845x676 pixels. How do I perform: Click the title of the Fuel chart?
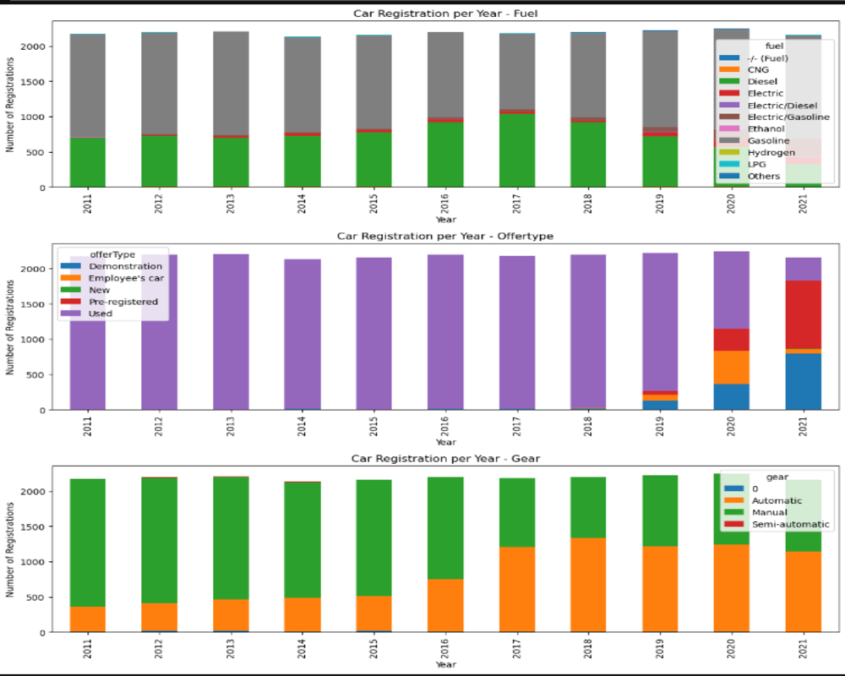(x=445, y=13)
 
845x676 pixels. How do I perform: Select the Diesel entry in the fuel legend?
(x=762, y=81)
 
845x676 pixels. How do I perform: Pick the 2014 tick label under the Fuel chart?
(x=302, y=204)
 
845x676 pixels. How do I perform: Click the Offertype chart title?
(x=445, y=236)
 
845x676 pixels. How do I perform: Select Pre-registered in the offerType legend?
(x=123, y=302)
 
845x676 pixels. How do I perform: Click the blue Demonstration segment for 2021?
(x=804, y=381)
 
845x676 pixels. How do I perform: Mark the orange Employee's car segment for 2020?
(x=733, y=367)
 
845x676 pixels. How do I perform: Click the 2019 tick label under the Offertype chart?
(x=661, y=427)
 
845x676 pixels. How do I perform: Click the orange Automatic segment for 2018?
(x=589, y=584)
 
